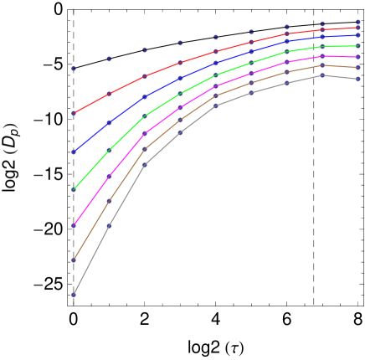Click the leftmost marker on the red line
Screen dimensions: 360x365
[x=74, y=113]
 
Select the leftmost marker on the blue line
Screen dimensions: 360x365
[x=74, y=152]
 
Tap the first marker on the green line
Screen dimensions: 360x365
[x=74, y=189]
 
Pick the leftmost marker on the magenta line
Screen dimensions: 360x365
[x=74, y=225]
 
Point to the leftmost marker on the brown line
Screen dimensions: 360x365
[x=74, y=260]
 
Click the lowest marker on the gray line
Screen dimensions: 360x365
[x=74, y=294]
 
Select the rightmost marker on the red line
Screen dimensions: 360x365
[x=358, y=28]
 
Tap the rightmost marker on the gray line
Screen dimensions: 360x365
[x=358, y=80]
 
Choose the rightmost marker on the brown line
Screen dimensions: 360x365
[x=358, y=68]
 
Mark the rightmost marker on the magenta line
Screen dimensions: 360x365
[x=358, y=57]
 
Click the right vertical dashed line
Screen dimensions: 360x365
[x=314, y=209]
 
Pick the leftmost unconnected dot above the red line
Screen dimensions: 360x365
[x=74, y=69]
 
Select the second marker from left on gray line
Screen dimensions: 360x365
[x=109, y=226]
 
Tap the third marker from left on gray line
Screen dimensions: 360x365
[x=144, y=165]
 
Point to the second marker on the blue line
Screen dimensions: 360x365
[x=109, y=122]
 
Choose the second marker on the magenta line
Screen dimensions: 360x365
[x=109, y=177]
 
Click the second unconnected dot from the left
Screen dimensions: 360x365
[x=109, y=59]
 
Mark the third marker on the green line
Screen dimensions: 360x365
[x=144, y=116]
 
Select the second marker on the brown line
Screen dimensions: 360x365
[x=109, y=201]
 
